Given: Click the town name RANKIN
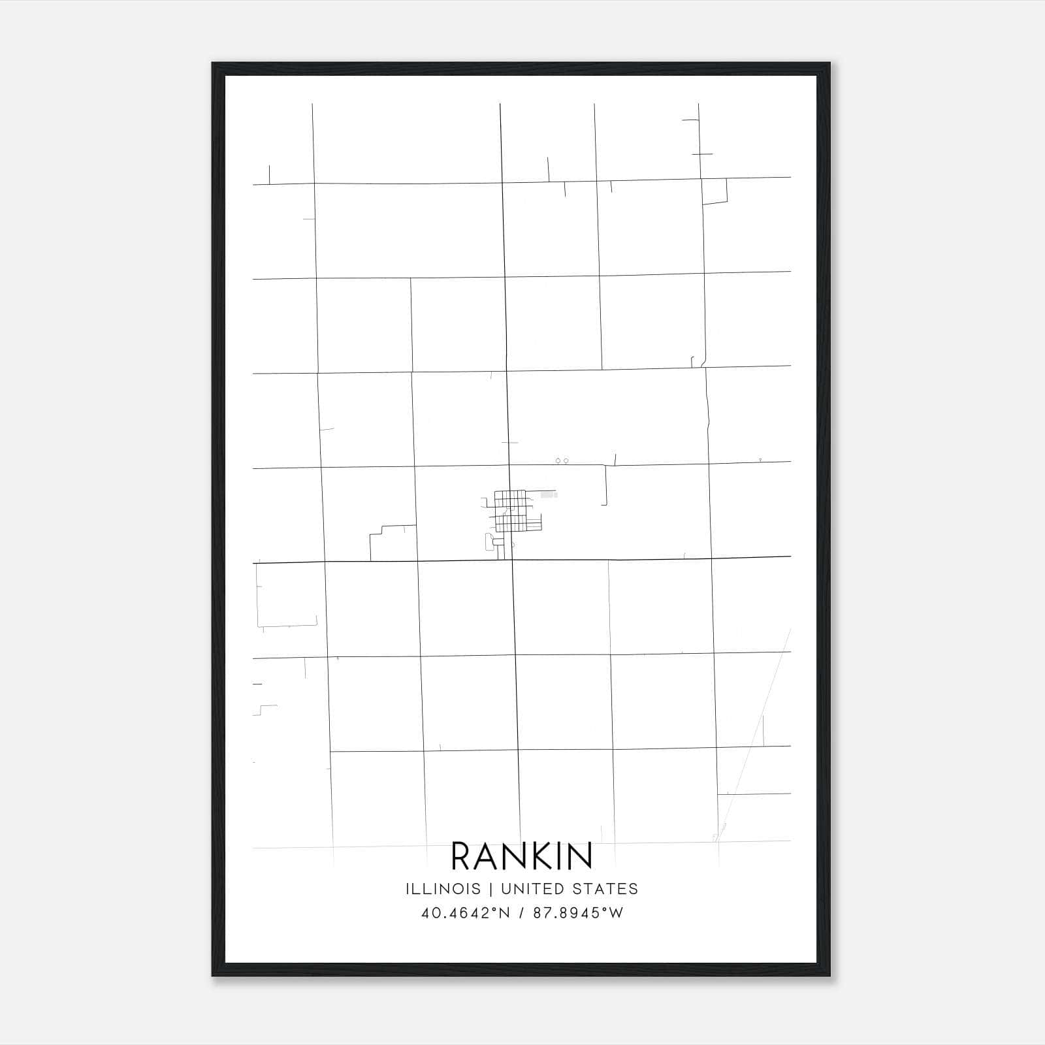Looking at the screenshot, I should (522, 856).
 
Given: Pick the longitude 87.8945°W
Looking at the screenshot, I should (578, 913).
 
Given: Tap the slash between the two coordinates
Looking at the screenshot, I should (521, 913).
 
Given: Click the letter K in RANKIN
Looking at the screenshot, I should (545, 856).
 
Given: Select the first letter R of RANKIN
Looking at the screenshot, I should (462, 856).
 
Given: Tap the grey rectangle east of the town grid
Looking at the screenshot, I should (549, 496).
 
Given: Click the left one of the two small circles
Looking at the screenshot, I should (558, 461).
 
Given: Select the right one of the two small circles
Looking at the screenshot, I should (566, 461).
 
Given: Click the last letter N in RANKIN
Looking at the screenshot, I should (581, 856).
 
